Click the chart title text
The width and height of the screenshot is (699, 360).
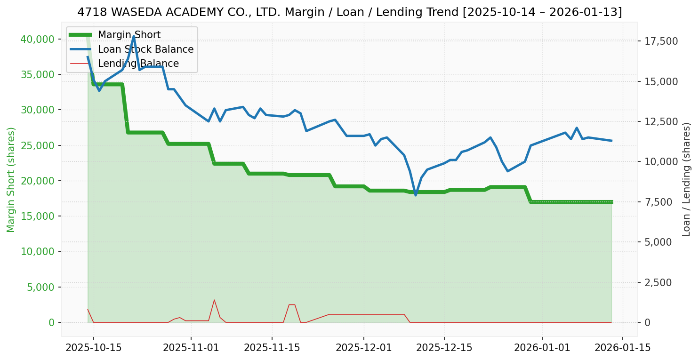349,12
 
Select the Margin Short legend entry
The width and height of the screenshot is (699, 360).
129,35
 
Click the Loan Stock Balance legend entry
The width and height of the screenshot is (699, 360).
145,49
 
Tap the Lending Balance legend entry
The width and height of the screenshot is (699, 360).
138,64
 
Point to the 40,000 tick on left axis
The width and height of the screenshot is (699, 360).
36,39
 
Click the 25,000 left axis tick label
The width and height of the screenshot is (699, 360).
36,145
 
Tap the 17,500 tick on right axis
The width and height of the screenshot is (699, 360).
661,41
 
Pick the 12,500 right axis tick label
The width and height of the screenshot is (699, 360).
661,121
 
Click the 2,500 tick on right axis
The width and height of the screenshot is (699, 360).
663,282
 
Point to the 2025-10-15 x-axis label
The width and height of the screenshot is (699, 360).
93,348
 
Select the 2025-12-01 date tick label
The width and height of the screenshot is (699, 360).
364,348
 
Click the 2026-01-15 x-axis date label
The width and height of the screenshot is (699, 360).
623,348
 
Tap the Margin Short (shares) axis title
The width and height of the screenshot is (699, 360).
11,179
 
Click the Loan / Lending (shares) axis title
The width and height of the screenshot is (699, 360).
686,179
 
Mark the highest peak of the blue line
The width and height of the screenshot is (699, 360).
134,36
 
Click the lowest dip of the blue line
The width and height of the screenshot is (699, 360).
416,195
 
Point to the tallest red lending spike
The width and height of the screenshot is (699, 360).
214,300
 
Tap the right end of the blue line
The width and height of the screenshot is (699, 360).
611,141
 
